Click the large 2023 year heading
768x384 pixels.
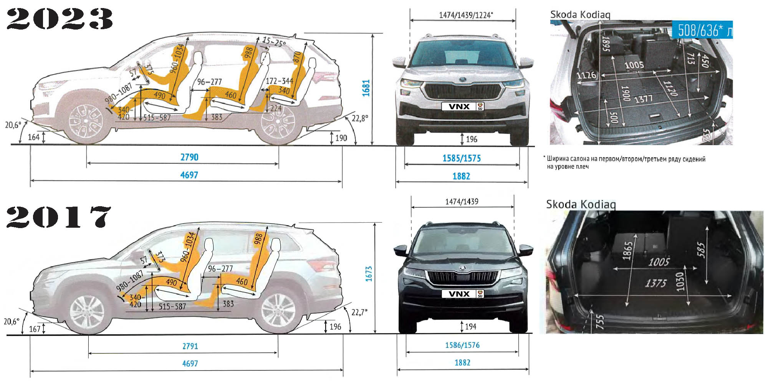coord(60,19)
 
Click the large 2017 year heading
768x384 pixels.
coord(58,217)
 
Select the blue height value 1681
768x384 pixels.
coord(366,88)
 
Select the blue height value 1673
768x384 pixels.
coord(369,274)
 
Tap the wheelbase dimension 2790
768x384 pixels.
coord(189,157)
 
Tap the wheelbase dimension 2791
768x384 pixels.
coord(190,346)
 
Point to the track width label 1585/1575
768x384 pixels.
coord(462,159)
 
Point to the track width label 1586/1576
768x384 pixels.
coord(462,345)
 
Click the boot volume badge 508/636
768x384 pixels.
coord(702,30)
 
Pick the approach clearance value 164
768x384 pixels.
coord(33,137)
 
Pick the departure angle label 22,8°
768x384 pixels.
coord(360,118)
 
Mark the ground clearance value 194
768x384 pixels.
coord(471,327)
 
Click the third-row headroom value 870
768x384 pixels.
coord(297,58)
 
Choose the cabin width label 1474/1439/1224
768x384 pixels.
coord(465,15)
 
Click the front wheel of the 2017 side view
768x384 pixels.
coord(87,312)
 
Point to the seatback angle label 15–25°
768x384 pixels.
coord(274,41)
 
